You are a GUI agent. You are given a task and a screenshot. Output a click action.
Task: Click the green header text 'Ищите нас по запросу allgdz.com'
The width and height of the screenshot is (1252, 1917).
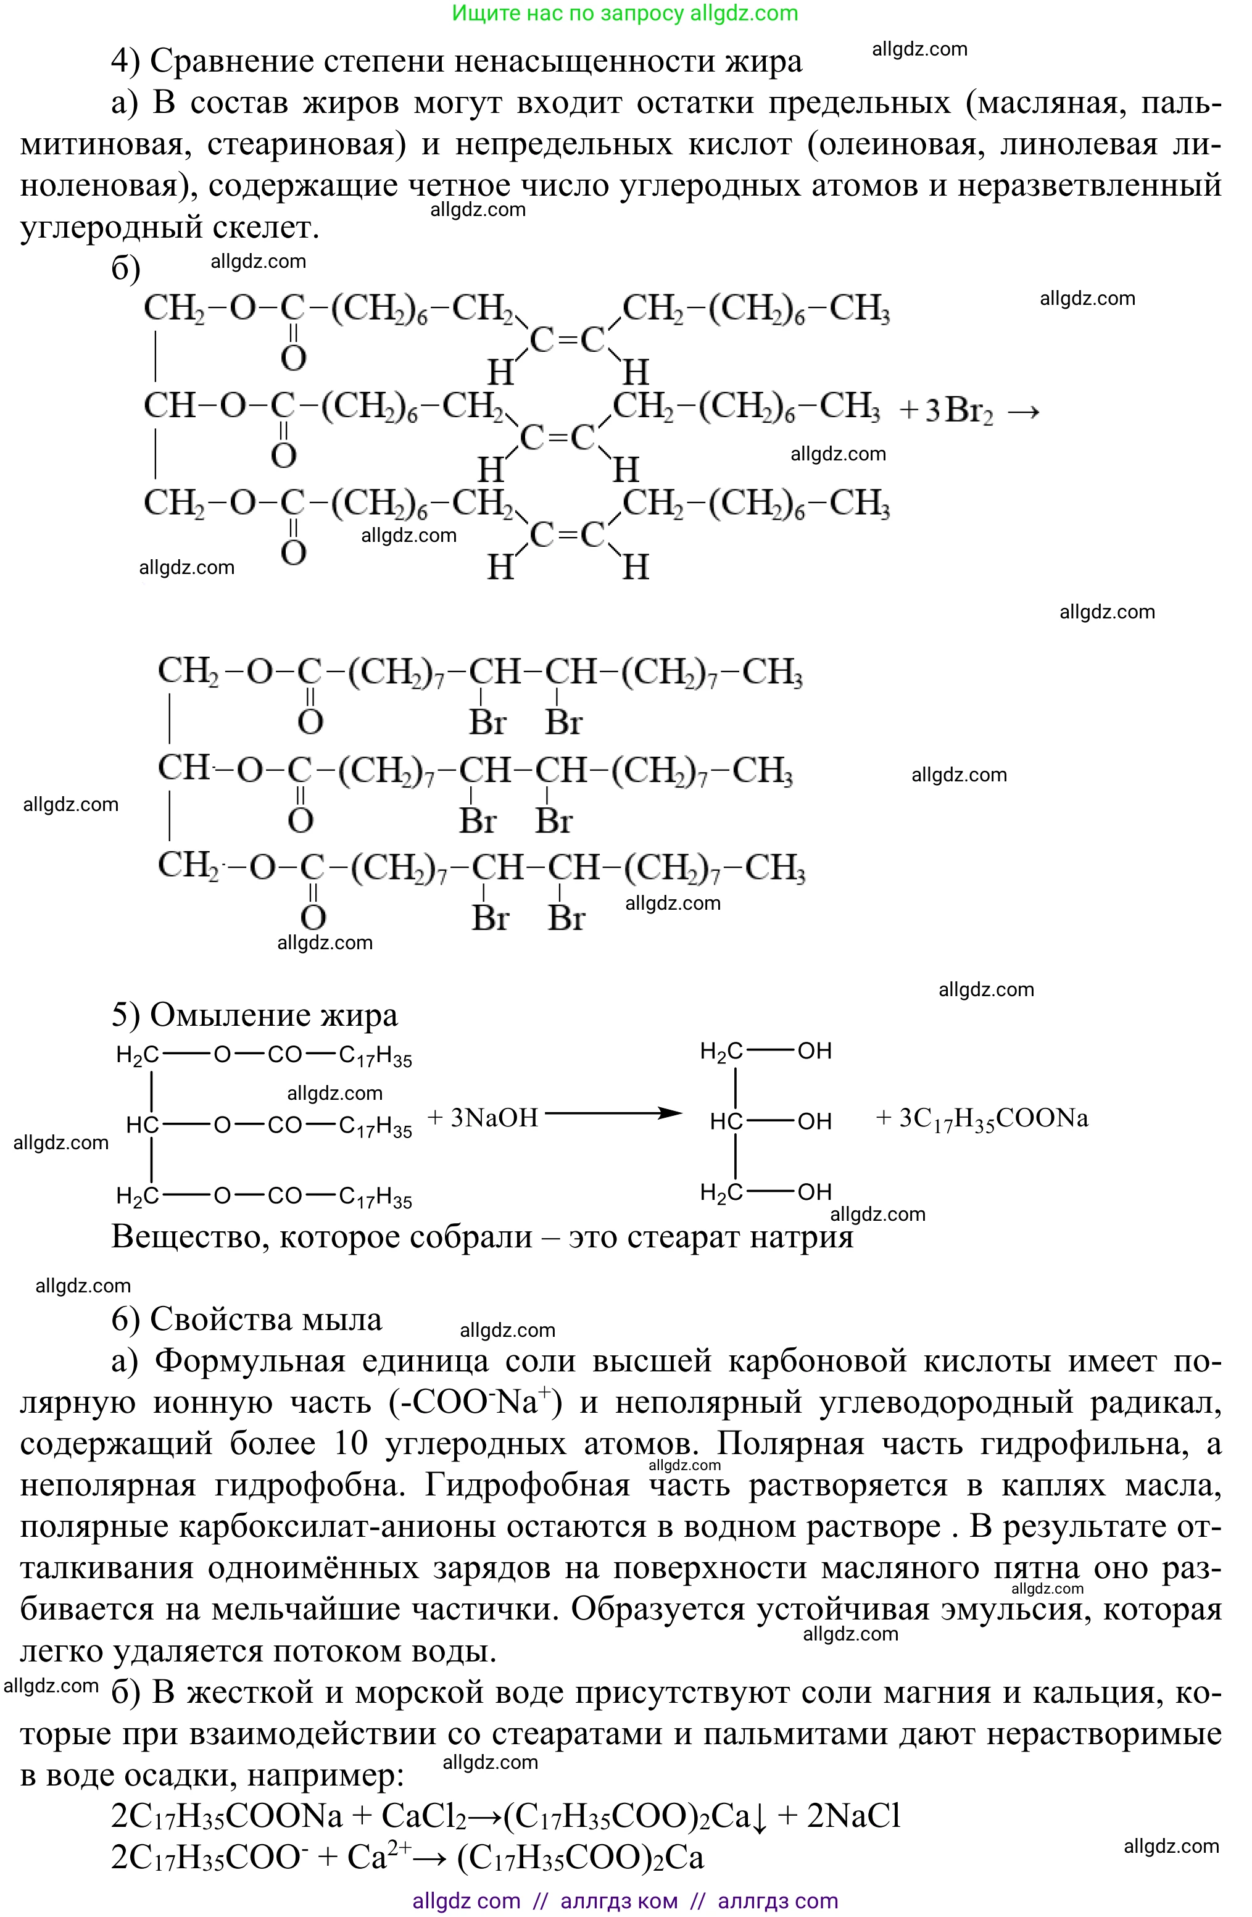[x=625, y=13]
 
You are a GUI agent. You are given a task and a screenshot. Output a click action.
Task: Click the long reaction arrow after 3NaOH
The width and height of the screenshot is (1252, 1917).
[x=613, y=1114]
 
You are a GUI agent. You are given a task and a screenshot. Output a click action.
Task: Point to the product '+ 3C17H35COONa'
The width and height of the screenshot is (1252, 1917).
[x=982, y=1119]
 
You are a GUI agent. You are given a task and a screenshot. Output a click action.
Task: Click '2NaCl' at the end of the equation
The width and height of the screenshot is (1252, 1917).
[x=853, y=1816]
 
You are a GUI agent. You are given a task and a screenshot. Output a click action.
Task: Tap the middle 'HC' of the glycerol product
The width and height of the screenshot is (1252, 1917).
[x=726, y=1121]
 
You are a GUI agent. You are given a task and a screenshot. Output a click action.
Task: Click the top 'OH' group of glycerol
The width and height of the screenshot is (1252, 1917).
[x=814, y=1051]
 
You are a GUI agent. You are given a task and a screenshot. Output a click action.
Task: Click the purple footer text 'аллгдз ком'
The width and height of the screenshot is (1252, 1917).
[x=618, y=1901]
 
